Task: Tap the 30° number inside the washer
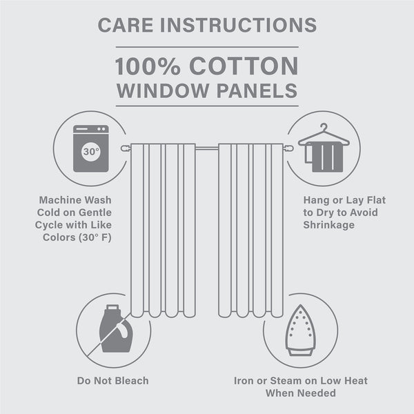point(91,151)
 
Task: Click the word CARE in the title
point(125,24)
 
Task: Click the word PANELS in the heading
point(259,90)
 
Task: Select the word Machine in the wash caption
point(63,200)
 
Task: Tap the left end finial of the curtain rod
point(124,148)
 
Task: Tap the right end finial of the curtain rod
point(290,148)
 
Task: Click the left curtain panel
point(163,228)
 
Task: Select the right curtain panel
point(250,228)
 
